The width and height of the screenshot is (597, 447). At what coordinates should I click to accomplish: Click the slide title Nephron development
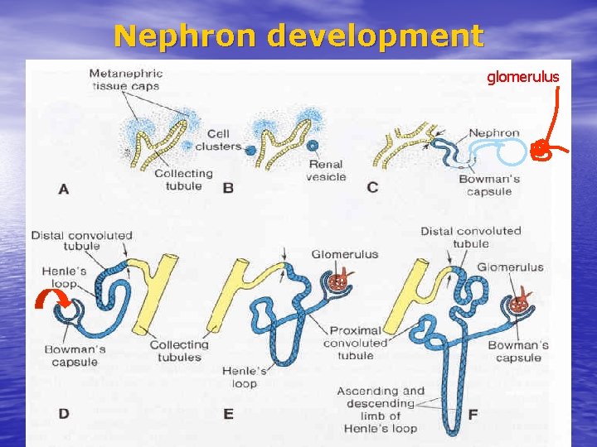298,36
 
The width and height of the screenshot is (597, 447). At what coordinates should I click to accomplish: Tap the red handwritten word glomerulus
522,77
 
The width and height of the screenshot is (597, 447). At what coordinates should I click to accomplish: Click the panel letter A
64,190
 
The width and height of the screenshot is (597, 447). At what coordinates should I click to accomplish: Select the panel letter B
228,188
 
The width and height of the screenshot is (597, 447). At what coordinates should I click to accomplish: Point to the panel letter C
372,188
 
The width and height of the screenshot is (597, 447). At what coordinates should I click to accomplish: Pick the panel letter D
64,413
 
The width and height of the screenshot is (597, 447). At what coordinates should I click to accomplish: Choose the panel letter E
228,413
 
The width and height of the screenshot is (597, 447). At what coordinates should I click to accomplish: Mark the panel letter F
473,413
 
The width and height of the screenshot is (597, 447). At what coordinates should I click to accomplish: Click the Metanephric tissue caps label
125,79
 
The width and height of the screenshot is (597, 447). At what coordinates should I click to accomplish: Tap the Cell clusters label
218,140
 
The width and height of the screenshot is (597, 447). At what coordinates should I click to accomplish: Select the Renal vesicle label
326,171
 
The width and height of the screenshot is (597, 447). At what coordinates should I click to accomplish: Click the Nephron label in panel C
493,132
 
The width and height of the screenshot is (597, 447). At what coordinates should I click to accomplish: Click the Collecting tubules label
178,351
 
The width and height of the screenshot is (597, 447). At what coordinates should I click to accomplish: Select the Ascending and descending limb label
381,409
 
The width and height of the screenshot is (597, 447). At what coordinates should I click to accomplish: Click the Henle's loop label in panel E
244,377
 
